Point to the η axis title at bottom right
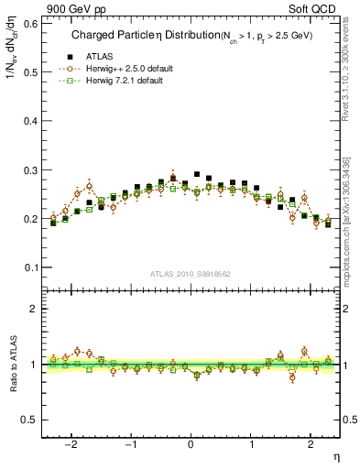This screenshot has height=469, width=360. tap(334, 456)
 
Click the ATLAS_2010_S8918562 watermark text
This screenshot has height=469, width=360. tap(191, 273)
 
